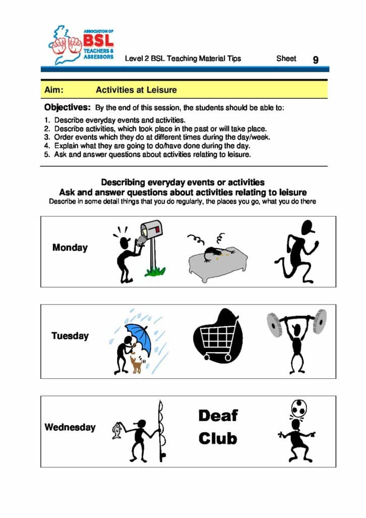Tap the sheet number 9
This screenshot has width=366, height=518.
[316, 60]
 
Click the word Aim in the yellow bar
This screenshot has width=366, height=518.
[54, 90]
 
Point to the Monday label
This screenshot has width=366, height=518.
[70, 248]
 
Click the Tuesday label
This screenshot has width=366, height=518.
[70, 336]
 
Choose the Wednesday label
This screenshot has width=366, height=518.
[70, 427]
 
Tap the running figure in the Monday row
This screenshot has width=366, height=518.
[297, 250]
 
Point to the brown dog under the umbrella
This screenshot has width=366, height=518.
[136, 364]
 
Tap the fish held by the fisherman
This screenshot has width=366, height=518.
[117, 430]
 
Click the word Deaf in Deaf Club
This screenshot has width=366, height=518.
[218, 416]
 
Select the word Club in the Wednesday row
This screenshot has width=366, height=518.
[218, 439]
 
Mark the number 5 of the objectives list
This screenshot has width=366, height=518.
[46, 154]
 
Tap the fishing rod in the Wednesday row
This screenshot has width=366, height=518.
[161, 430]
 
